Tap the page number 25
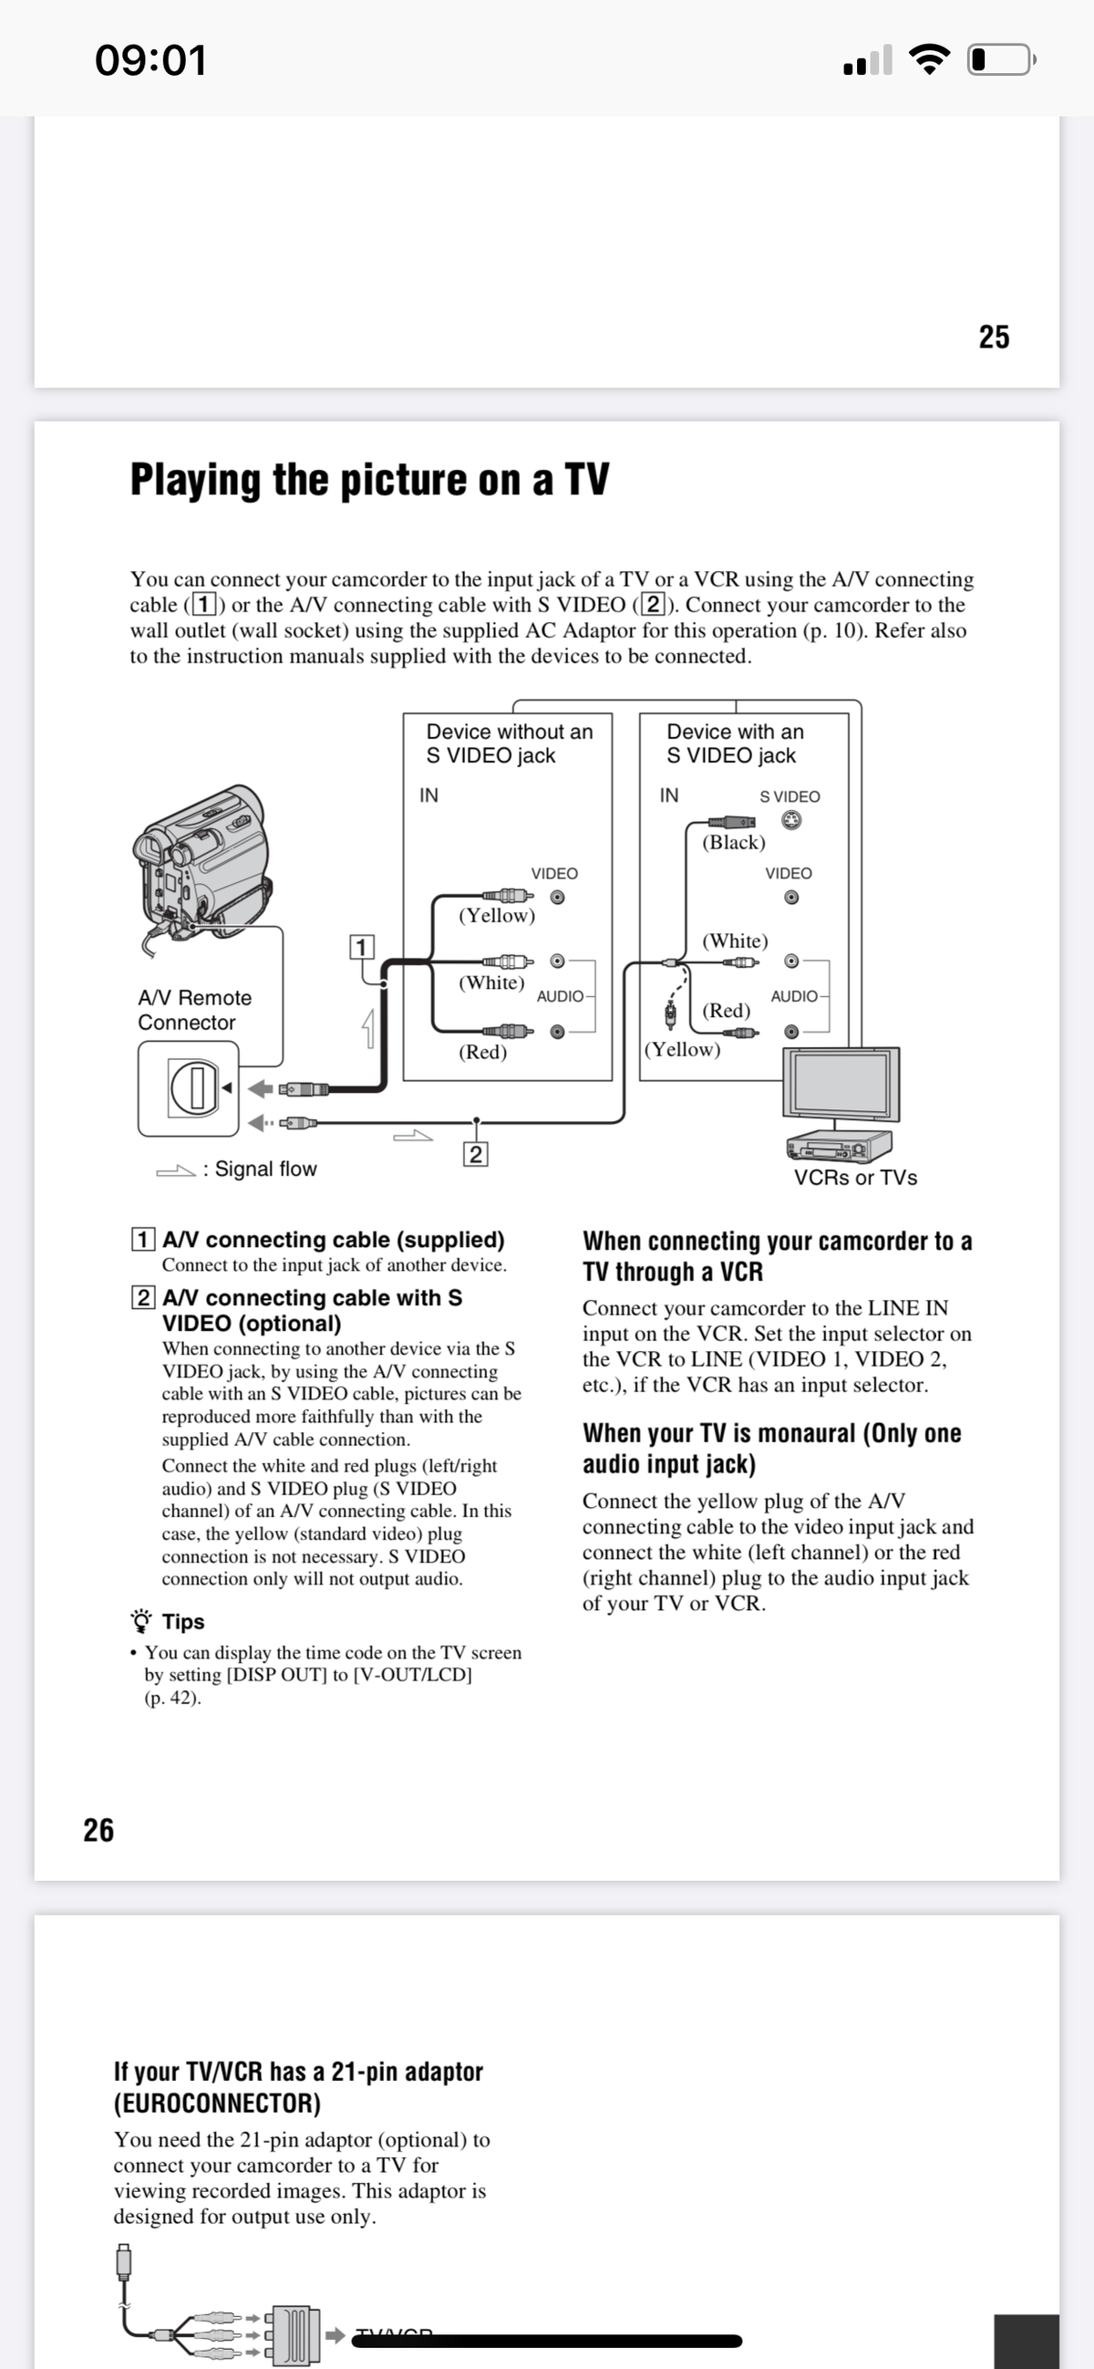coord(994,337)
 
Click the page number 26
coord(98,1829)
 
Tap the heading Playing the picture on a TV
coord(368,479)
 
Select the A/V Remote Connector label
coord(194,1010)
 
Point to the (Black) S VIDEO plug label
coord(734,842)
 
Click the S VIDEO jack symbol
coord(790,819)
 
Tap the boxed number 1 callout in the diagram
coord(361,946)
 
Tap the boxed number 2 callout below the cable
coord(475,1154)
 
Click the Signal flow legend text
coord(264,1169)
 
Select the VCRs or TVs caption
coord(855,1178)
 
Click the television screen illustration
coord(841,1084)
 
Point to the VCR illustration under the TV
coord(840,1147)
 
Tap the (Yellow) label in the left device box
coord(497,915)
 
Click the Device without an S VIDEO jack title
coord(509,743)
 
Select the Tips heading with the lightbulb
coord(182,1621)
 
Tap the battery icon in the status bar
coord(1000,60)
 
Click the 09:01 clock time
coord(150,60)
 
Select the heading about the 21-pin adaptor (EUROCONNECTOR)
coord(298,2086)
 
